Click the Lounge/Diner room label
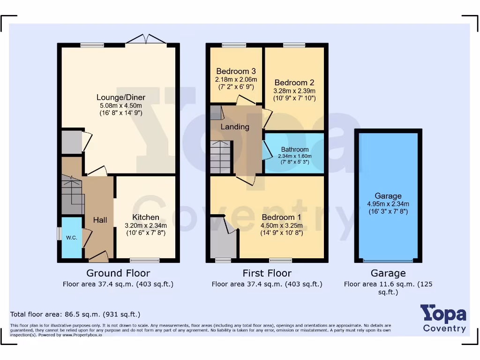[121, 97]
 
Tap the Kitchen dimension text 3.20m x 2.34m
[146, 225]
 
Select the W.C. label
[71, 238]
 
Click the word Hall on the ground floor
[100, 220]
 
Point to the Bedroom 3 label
[236, 71]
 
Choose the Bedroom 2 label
[294, 82]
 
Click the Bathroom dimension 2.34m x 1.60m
[294, 156]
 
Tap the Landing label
[235, 127]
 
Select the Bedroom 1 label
[281, 217]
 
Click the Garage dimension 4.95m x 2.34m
[388, 204]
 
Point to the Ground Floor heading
[118, 273]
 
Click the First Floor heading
[267, 273]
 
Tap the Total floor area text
[75, 314]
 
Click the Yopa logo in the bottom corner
[443, 318]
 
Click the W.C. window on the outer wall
[59, 233]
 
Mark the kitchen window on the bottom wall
[144, 260]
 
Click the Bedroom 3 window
[234, 45]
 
